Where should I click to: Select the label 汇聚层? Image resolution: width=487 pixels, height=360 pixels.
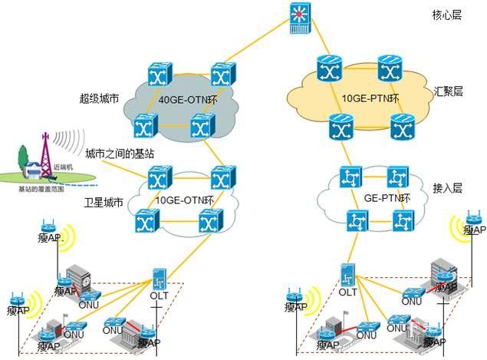[448, 91]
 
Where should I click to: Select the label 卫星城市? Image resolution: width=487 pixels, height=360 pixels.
[104, 203]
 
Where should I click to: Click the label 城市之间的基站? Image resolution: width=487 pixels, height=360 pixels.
[120, 154]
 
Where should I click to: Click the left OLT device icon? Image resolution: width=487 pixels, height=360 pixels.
[160, 279]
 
